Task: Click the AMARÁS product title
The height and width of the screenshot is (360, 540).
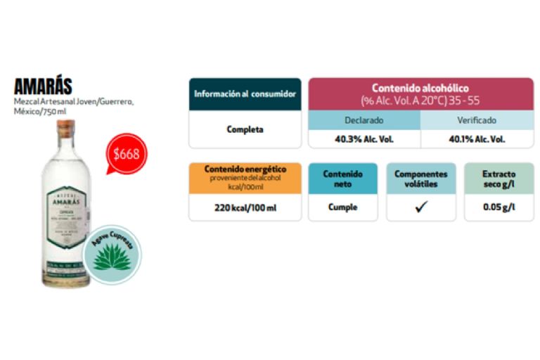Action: [43, 86]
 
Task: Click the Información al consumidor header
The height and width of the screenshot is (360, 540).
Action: [245, 94]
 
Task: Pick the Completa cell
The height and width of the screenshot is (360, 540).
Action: [245, 129]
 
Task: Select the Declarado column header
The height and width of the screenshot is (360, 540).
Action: [364, 120]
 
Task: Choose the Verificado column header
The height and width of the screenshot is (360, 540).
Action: [477, 120]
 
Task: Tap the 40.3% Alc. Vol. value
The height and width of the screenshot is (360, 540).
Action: [364, 139]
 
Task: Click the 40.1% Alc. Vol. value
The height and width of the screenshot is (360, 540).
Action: [477, 139]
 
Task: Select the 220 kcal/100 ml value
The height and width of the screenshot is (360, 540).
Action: [245, 207]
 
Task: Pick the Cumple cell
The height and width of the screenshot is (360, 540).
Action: [343, 207]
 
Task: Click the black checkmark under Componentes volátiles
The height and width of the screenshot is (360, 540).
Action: [420, 207]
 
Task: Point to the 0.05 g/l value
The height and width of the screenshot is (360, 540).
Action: [499, 207]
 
